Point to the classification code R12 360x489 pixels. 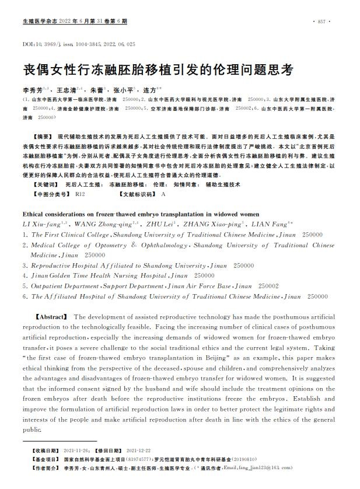click(80, 193)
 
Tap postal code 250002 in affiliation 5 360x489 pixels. click(268, 286)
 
